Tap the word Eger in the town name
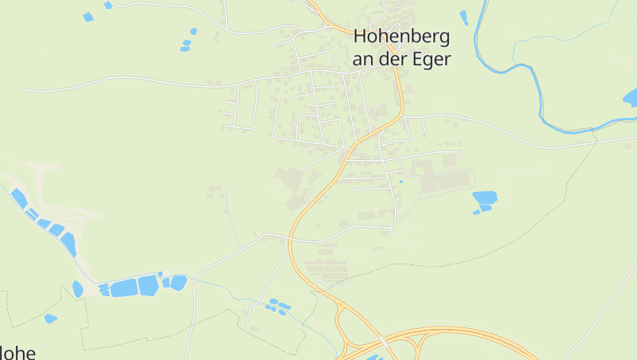coord(432,59)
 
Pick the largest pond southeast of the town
coord(484,197)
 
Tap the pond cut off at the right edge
coord(630,98)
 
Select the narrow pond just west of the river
coord(464,17)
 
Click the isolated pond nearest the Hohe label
coord(50,319)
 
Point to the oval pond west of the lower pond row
coord(77,289)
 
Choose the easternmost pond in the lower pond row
coord(178,282)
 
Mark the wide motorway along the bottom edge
coord(462,334)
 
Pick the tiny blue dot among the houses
coord(401,182)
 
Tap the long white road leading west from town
coord(119,79)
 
